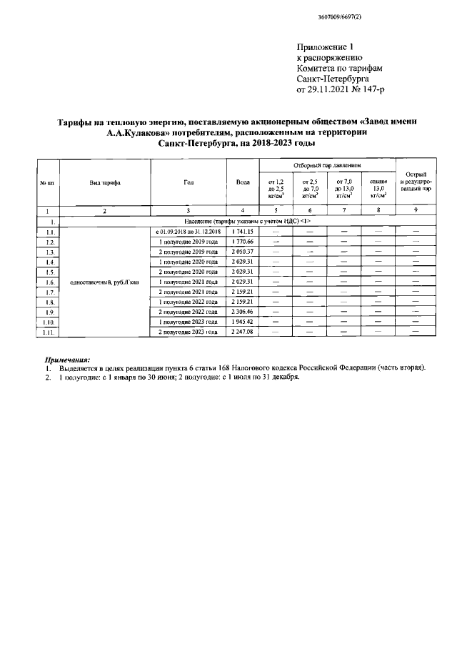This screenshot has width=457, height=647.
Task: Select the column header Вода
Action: click(x=243, y=183)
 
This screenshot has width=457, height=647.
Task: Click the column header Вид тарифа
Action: click(x=104, y=183)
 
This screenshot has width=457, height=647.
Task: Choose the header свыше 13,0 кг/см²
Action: click(x=378, y=188)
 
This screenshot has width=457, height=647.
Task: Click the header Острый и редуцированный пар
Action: click(x=416, y=183)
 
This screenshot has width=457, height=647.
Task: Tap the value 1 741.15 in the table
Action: click(x=243, y=232)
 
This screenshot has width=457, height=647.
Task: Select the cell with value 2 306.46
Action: click(x=243, y=312)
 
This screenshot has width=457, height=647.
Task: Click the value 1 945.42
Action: click(x=243, y=322)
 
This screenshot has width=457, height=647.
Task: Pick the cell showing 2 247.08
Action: click(x=243, y=332)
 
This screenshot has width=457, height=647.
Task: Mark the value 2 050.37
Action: click(x=243, y=252)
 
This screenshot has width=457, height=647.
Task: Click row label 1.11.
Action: click(x=48, y=332)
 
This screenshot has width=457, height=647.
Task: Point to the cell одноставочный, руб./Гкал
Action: click(x=104, y=282)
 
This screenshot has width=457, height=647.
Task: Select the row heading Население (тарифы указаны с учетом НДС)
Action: click(x=239, y=222)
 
